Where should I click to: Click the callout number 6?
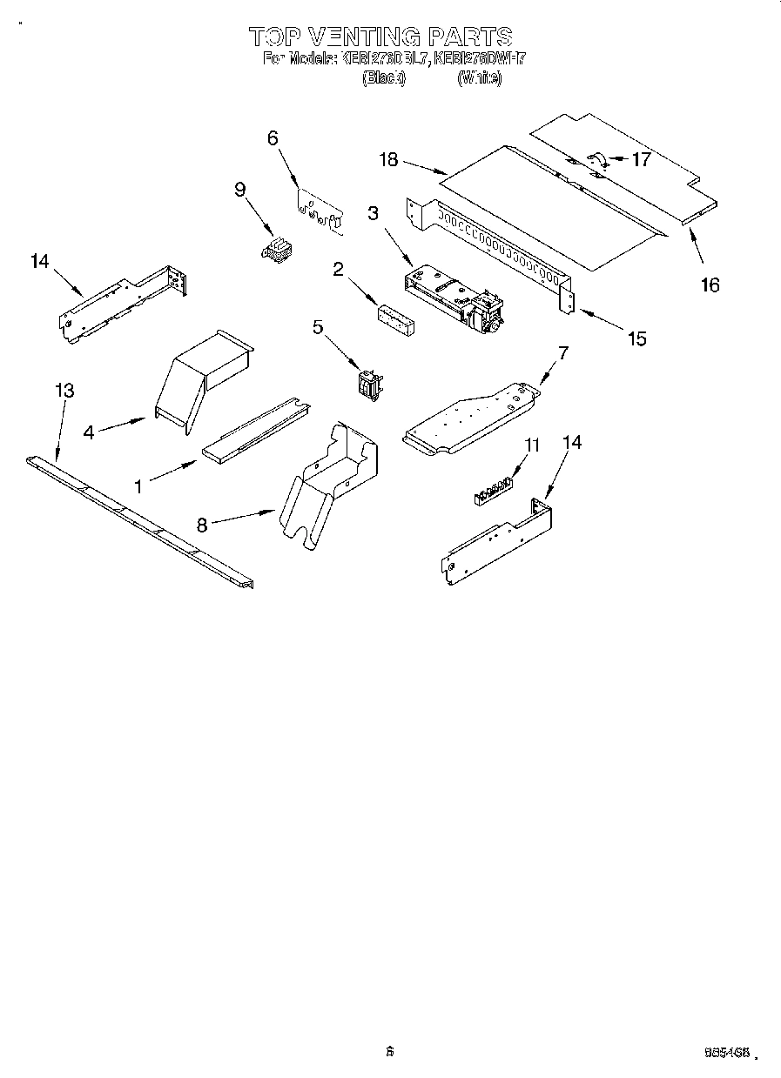pos(273,137)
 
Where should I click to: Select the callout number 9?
pos(240,189)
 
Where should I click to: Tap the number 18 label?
pos(388,159)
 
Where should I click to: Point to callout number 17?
pos(641,159)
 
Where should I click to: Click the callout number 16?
pos(710,284)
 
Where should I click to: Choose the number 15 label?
pos(637,338)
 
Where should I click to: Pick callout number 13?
pos(64,391)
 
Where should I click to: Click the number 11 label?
pos(532,445)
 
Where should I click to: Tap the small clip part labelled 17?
pos(597,159)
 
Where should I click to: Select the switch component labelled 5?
pos(370,383)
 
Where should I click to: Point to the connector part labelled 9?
pos(276,250)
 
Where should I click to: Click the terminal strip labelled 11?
pos(491,490)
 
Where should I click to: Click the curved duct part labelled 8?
pos(327,487)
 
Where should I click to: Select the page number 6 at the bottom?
pos(390,1051)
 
